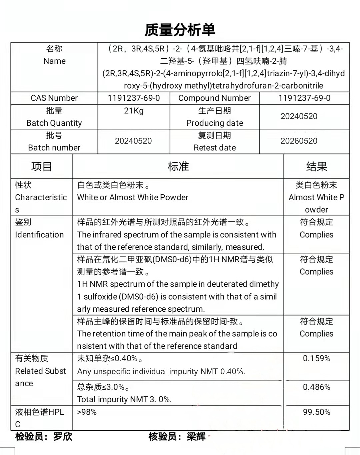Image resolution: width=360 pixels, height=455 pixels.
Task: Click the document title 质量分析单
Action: [180, 30]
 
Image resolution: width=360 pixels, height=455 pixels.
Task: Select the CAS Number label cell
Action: [54, 98]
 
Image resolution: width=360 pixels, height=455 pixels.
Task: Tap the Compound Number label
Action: [214, 98]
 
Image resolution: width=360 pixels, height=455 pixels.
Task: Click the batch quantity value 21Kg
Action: [134, 111]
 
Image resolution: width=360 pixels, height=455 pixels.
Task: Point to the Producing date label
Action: [215, 123]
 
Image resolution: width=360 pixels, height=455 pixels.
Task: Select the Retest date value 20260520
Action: [299, 141]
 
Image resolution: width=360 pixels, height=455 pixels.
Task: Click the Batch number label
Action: [54, 148]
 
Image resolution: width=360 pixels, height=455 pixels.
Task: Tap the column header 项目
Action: [42, 166]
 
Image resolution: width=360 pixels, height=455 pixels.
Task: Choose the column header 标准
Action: [178, 166]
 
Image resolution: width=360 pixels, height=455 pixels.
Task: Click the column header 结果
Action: [316, 166]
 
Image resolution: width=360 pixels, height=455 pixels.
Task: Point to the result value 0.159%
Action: [316, 359]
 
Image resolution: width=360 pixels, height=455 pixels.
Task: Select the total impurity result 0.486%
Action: [316, 387]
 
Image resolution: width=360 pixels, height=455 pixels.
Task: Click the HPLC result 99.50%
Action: [316, 412]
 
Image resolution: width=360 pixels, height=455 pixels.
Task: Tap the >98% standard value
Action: [87, 412]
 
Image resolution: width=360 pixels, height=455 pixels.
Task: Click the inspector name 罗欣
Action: [63, 436]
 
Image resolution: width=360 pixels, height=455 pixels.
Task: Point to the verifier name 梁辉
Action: [196, 436]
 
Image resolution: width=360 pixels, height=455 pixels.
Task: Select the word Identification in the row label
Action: [39, 235]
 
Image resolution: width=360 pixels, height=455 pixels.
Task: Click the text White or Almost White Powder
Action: [133, 197]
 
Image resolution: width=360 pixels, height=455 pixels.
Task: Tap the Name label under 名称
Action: [54, 61]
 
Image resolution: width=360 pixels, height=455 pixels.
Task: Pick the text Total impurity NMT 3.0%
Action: [124, 399]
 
